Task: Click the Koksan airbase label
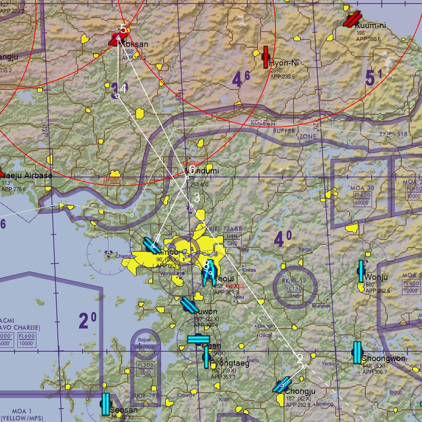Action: tap(135, 44)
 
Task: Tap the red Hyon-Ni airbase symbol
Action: tap(266, 57)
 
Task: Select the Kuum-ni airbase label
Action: tap(370, 26)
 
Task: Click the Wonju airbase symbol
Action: tap(361, 271)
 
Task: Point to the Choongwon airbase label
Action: tap(383, 359)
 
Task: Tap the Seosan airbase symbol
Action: tap(105, 404)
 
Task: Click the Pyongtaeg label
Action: tap(230, 363)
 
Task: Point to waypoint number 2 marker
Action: tap(304, 366)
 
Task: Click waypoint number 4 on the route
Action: tap(117, 96)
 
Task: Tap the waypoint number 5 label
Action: tap(123, 29)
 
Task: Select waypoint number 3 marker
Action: tap(191, 206)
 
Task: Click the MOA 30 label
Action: tap(362, 188)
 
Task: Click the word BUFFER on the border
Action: tap(284, 131)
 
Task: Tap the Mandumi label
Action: tap(202, 171)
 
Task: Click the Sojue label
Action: tap(145, 340)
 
